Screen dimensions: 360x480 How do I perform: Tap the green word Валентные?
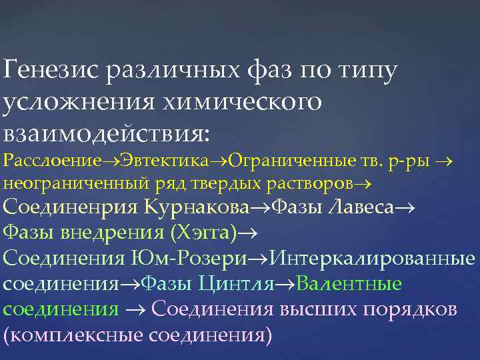click(x=350, y=284)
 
